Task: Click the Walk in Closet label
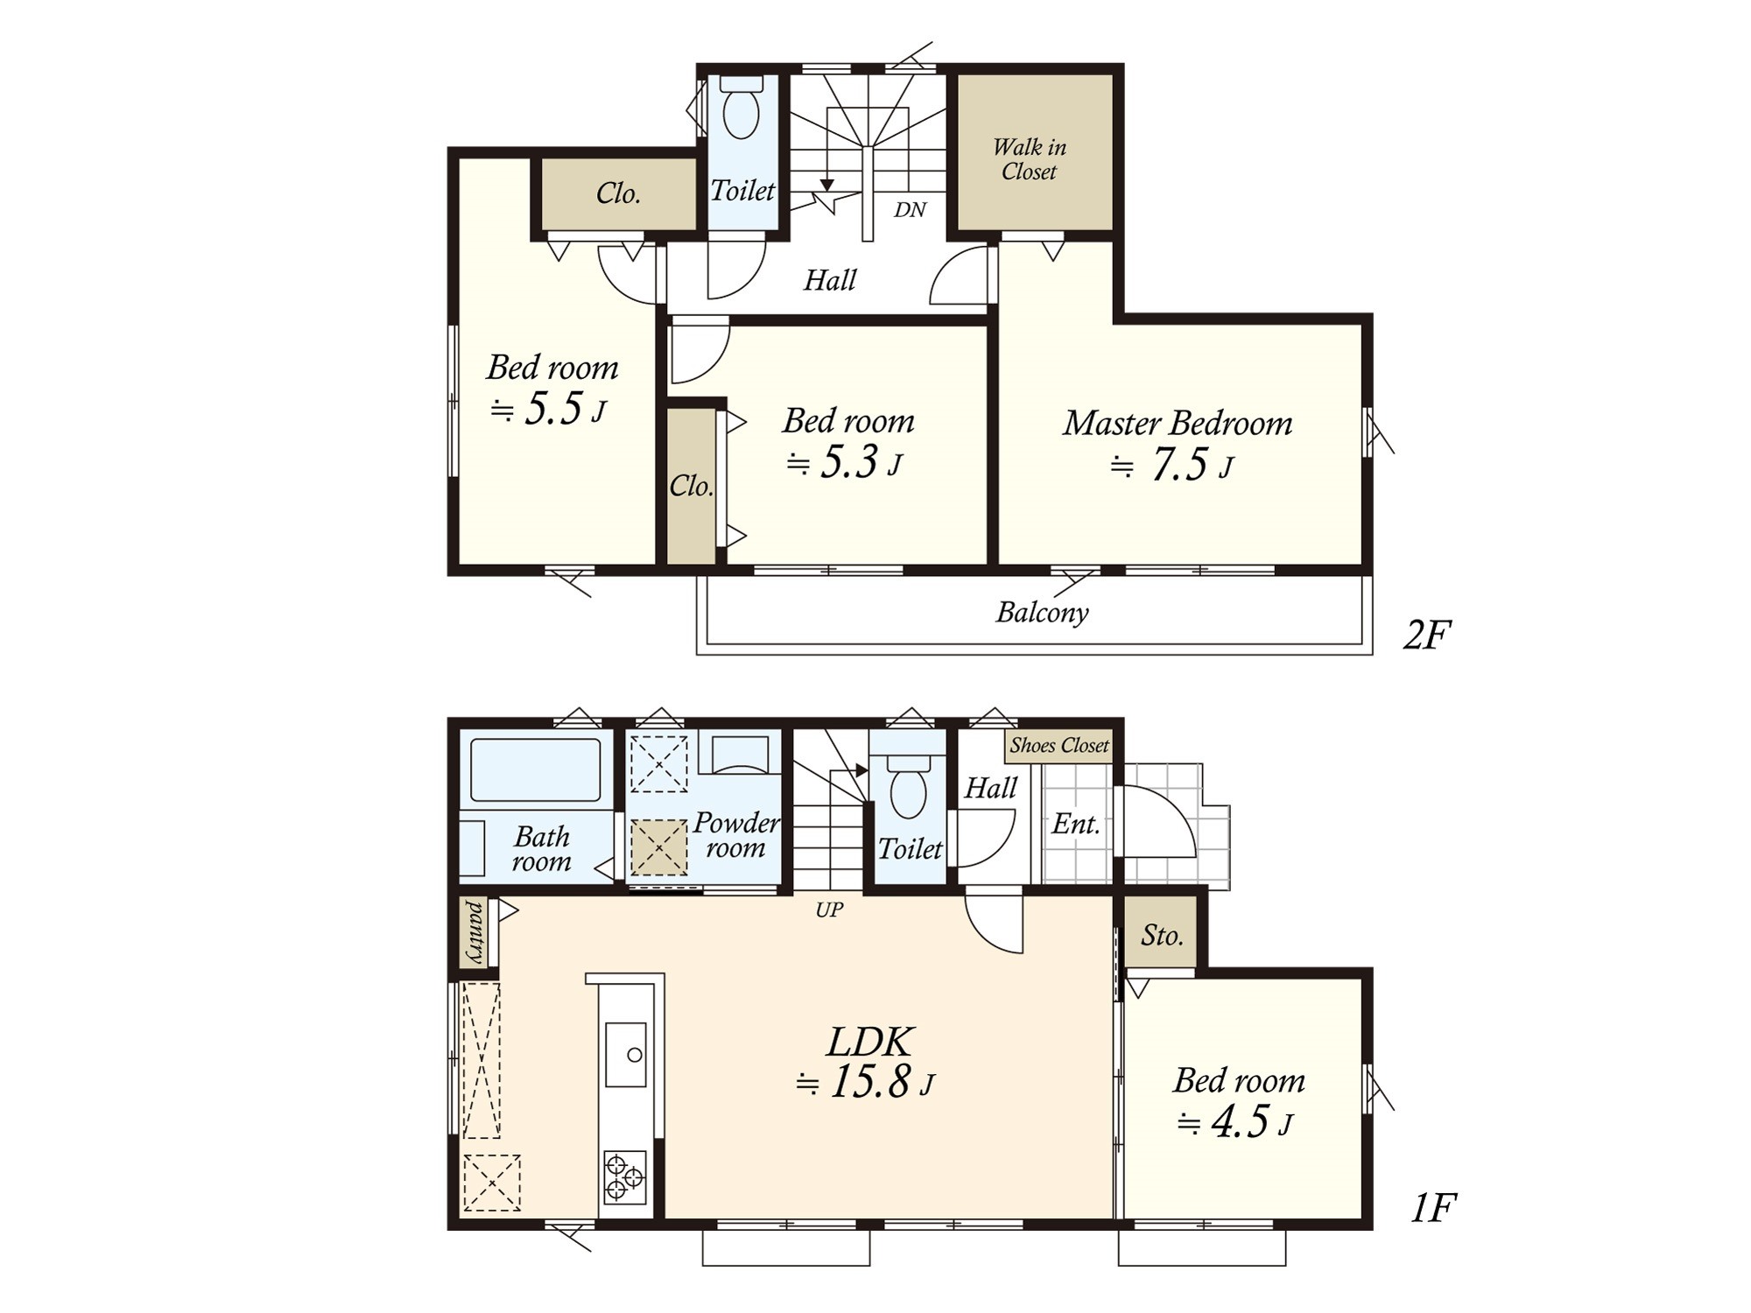1030,159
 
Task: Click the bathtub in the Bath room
536,769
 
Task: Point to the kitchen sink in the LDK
626,1054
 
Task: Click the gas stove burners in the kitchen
625,1176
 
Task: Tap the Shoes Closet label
1059,745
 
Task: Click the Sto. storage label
1162,936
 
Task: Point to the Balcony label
1042,612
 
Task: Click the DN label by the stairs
911,210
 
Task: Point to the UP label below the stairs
829,910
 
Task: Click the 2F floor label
1428,635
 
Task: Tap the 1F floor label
1433,1209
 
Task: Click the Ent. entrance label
1075,824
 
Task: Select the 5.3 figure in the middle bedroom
848,462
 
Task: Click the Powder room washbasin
740,754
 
